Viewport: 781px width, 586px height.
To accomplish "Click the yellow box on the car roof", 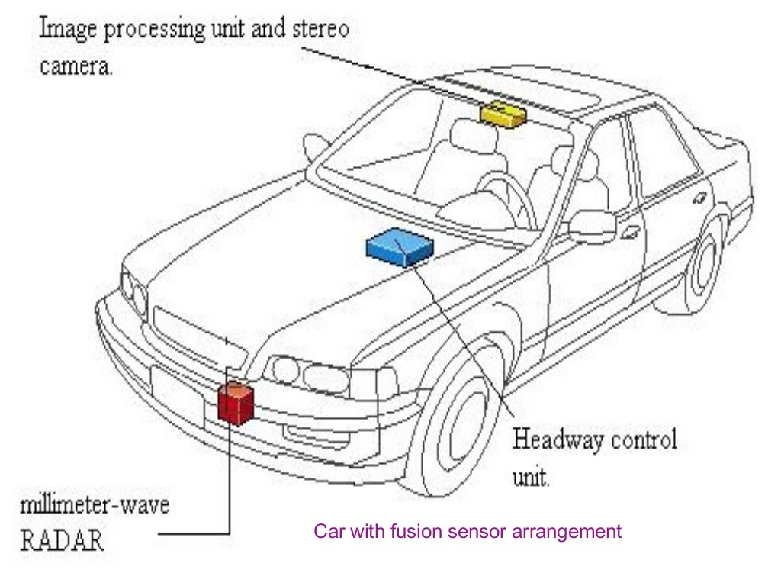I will (503, 114).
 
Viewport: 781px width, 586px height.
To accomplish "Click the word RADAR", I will (63, 539).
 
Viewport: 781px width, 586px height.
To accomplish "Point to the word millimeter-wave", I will (94, 504).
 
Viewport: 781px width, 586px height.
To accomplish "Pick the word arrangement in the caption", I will (574, 531).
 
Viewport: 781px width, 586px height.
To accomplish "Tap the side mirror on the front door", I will (591, 224).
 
